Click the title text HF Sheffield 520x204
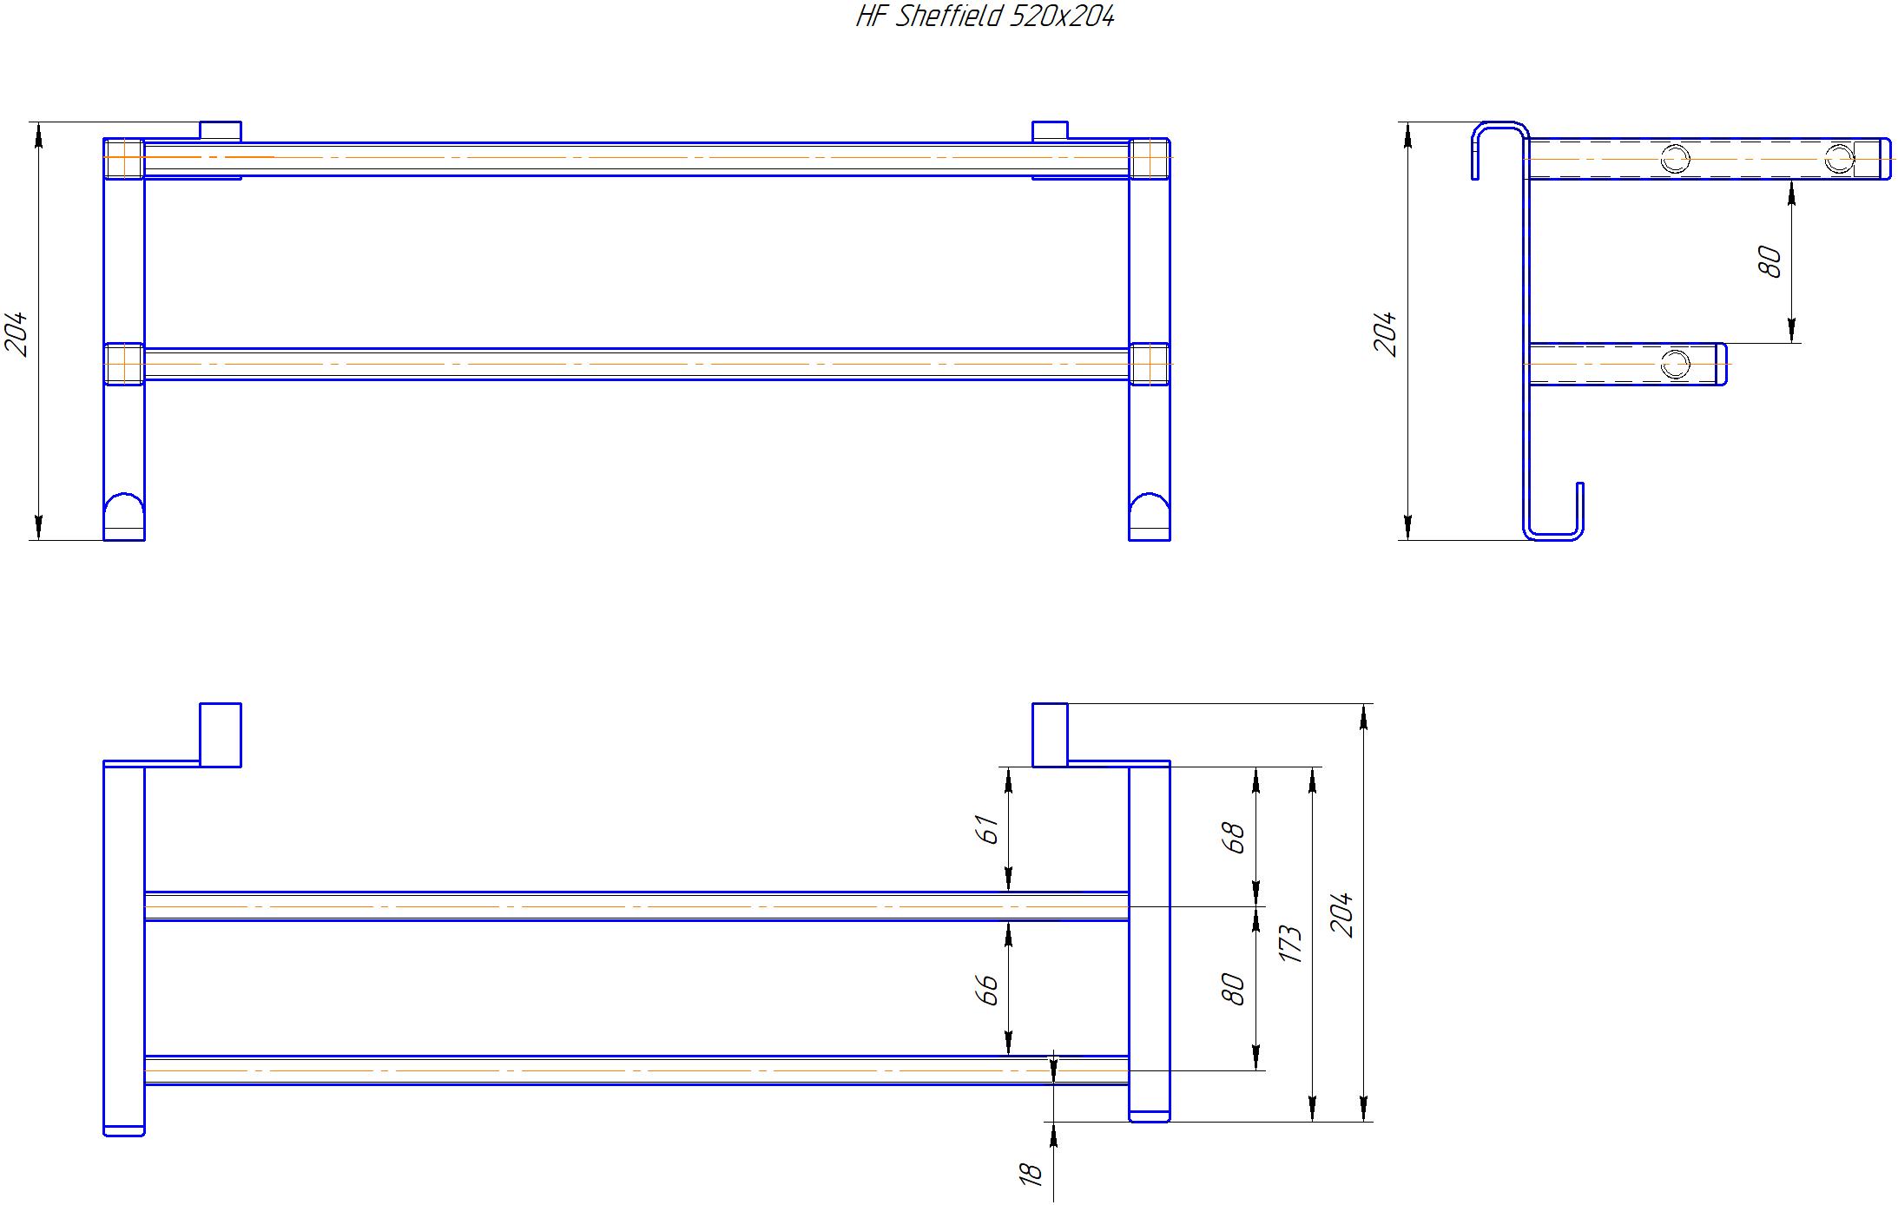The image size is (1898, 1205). coord(985,16)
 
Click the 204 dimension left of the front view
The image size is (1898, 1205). coord(18,333)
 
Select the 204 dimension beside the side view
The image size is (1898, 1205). coord(1387,333)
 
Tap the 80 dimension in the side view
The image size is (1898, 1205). coord(1769,261)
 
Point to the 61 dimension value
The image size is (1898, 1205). coord(987,829)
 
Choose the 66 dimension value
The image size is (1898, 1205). coord(987,990)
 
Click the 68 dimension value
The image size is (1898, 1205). coord(1233,837)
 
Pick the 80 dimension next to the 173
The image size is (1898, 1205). coord(1233,990)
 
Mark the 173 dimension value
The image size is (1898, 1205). coord(1290,944)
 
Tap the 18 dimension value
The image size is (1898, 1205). coord(1030,1175)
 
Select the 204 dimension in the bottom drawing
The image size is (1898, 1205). coord(1342,914)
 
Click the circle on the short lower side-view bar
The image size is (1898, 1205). coord(1676,364)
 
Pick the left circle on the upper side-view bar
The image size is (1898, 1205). coord(1675,159)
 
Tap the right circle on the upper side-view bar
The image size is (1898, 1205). coord(1838,159)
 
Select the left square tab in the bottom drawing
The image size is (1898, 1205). coord(221,734)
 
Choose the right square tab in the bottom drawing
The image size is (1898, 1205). coord(1050,734)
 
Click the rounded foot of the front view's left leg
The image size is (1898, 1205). coord(124,516)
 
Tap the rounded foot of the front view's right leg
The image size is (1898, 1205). coord(1150,516)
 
